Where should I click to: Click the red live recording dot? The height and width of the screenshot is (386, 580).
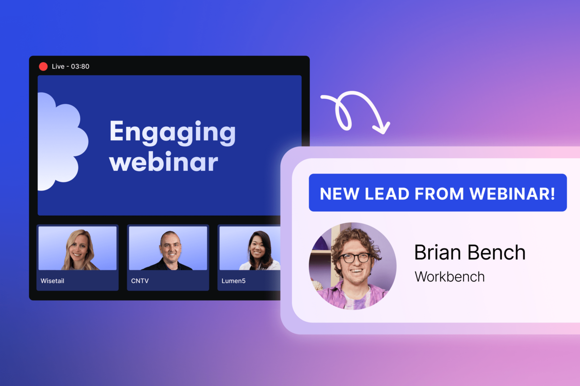tap(43, 67)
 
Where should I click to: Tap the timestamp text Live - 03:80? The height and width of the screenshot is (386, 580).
tap(71, 67)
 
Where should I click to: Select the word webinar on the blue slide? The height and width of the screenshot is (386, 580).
tap(163, 163)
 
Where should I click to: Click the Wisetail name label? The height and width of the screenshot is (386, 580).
tap(53, 280)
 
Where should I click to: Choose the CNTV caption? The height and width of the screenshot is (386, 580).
tap(139, 280)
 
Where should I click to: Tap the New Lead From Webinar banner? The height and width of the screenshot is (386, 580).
tap(437, 193)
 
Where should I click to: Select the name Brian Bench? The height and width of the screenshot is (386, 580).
tap(469, 253)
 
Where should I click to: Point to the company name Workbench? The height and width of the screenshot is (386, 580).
tap(449, 276)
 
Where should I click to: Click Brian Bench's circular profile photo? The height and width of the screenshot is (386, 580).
tap(352, 266)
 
